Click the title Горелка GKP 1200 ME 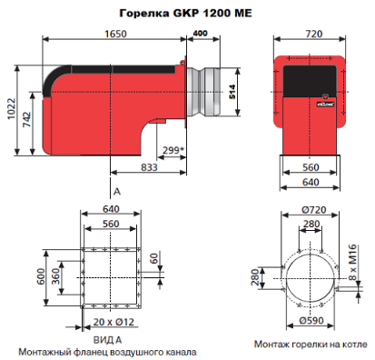click(x=185, y=14)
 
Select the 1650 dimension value click(x=115, y=34)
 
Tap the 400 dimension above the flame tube click(x=200, y=33)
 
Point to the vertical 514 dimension click(x=232, y=92)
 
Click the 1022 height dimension click(x=11, y=109)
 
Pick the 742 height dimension click(x=27, y=119)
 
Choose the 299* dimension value click(x=173, y=150)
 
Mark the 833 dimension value click(x=149, y=167)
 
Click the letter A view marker click(x=117, y=192)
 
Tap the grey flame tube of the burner click(x=203, y=92)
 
